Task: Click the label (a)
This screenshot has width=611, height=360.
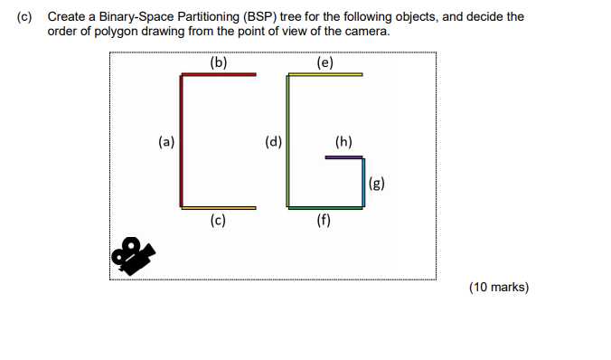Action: click(x=165, y=141)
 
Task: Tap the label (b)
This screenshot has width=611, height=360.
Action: click(x=218, y=62)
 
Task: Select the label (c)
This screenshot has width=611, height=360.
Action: click(x=218, y=220)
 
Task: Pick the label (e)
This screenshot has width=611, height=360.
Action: click(x=325, y=62)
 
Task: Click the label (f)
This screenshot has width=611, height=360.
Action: click(x=324, y=220)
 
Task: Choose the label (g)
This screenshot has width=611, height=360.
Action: click(x=377, y=184)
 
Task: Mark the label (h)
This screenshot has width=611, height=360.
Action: click(x=343, y=141)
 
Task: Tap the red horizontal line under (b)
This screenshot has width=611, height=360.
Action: click(x=219, y=74)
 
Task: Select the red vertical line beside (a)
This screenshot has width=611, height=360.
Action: click(x=183, y=140)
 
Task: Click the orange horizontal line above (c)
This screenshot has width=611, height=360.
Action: click(x=219, y=208)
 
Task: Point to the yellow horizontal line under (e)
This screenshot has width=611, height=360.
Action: click(x=325, y=74)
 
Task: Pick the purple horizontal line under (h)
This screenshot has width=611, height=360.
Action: click(x=343, y=157)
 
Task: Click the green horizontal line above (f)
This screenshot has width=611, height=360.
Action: click(x=325, y=208)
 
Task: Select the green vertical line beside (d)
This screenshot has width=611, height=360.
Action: click(x=288, y=140)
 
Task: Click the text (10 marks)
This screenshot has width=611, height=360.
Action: click(x=499, y=288)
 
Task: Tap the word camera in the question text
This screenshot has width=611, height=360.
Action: click(x=368, y=31)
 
